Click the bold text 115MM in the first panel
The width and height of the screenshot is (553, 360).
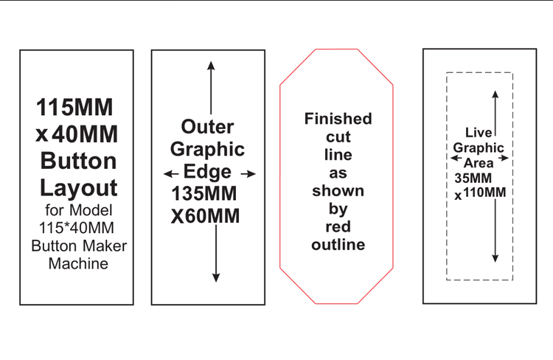click(74, 107)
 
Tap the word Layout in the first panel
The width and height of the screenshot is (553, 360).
click(78, 188)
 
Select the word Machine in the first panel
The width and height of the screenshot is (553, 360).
click(78, 263)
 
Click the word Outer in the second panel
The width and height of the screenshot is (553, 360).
click(207, 126)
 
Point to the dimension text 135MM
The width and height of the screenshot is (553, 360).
click(204, 193)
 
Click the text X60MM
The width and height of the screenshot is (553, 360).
click(205, 216)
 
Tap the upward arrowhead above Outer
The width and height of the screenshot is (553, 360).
click(211, 66)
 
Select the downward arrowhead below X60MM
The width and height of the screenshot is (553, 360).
click(216, 277)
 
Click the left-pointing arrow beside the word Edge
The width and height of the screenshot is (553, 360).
click(171, 173)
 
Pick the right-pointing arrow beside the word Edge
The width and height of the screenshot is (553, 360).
click(248, 173)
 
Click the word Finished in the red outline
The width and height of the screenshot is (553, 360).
click(338, 119)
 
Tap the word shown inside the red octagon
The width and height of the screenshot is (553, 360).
click(338, 190)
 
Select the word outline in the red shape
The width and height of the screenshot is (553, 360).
click(338, 245)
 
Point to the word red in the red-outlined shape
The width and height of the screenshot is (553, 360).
click(338, 226)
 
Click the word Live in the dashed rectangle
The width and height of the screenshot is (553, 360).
click(479, 133)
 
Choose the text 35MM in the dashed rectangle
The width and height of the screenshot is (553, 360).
click(473, 178)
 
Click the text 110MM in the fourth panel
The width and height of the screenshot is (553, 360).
click(484, 193)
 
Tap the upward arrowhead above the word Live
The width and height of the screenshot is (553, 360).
click(495, 94)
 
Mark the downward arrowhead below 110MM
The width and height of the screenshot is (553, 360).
click(495, 258)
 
